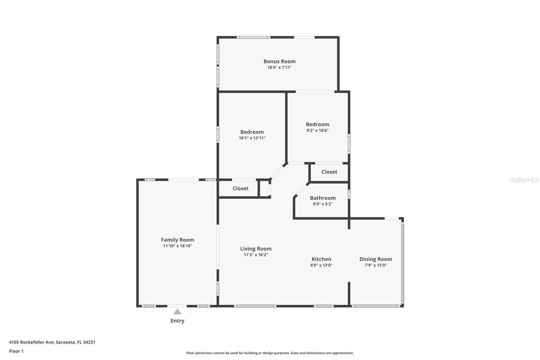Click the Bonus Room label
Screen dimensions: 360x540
(279, 61)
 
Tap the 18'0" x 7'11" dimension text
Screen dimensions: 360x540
(279, 68)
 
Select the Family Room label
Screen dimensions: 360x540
(178, 240)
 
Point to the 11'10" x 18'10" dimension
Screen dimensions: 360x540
(178, 246)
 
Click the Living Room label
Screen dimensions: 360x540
(256, 249)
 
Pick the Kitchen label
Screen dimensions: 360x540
(321, 259)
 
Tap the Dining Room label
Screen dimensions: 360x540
(376, 259)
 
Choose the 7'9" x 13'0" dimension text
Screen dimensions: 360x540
(376, 265)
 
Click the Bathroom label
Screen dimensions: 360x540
(323, 198)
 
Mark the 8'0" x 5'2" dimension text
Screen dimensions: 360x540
(323, 204)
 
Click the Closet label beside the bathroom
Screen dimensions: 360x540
(329, 172)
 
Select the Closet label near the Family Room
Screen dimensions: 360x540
(240, 188)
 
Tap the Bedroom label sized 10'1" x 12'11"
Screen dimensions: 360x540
(252, 132)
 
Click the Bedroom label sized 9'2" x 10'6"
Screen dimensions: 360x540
(318, 124)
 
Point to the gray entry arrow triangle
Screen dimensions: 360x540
(178, 312)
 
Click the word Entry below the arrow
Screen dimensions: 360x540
(178, 321)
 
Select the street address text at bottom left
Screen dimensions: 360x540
(52, 342)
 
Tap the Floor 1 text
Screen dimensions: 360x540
(16, 351)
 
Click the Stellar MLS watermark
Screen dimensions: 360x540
(524, 180)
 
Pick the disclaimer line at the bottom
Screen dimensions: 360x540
(270, 353)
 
